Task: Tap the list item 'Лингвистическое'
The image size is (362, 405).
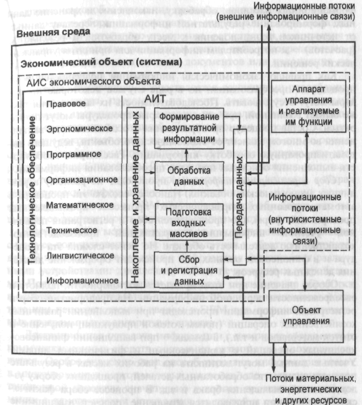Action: pyautogui.click(x=77, y=255)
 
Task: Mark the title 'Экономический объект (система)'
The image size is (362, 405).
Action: pyautogui.click(x=101, y=62)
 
